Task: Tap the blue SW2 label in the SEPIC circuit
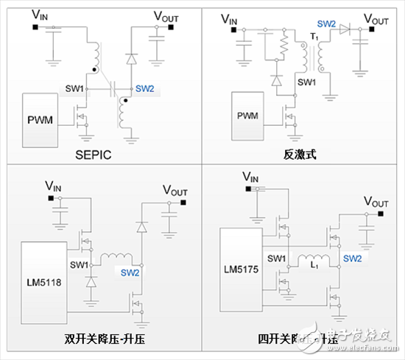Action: (x=144, y=88)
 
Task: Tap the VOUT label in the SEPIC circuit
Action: (x=166, y=15)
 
